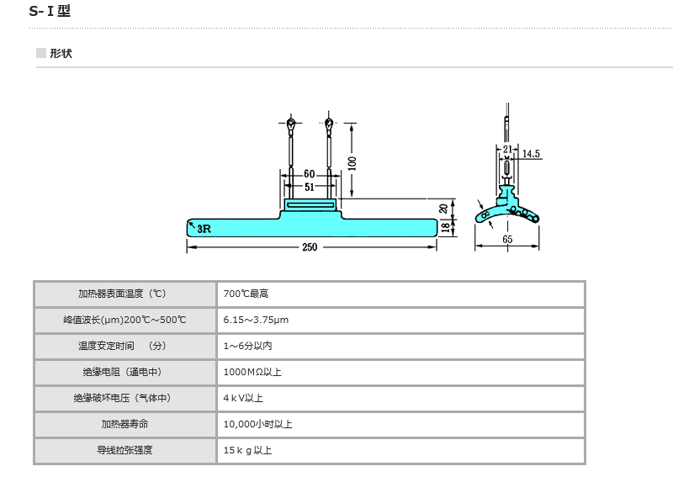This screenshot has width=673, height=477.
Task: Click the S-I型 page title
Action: (x=50, y=12)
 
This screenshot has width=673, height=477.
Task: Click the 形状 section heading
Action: (x=61, y=53)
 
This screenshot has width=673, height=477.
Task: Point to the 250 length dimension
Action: (x=310, y=247)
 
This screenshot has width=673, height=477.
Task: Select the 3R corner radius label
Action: (x=202, y=226)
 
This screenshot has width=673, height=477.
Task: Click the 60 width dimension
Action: (x=310, y=174)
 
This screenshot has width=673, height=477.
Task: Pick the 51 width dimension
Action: (x=310, y=187)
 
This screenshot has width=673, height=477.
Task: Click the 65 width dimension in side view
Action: (x=507, y=240)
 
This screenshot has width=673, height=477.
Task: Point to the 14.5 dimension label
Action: (x=531, y=154)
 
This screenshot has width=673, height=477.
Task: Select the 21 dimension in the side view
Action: (x=506, y=149)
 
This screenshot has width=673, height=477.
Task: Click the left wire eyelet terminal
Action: (x=290, y=125)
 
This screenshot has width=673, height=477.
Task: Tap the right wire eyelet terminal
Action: (x=328, y=125)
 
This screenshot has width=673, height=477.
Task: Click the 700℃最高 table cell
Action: (x=246, y=294)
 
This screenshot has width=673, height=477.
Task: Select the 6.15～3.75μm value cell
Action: (x=256, y=320)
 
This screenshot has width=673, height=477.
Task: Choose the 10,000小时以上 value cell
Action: (x=257, y=424)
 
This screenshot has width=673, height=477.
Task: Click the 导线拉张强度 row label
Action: (x=125, y=450)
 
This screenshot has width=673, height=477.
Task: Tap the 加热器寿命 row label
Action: (x=125, y=424)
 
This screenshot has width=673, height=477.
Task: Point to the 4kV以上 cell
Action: (x=243, y=398)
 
